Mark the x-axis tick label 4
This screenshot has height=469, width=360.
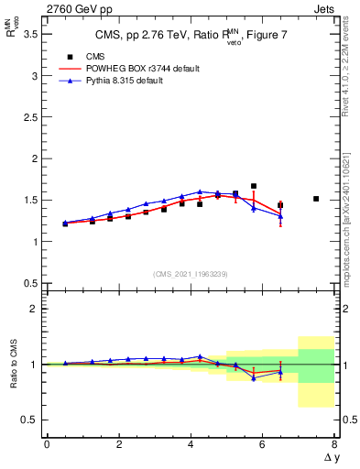pos(191,443)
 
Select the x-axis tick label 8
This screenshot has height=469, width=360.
pos(334,443)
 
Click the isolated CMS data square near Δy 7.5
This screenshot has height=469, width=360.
pos(316,199)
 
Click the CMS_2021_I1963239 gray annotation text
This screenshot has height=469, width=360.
pos(190,274)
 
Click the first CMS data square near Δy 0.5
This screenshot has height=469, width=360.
pos(65,224)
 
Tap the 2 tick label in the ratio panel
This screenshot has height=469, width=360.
pos(32,309)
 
